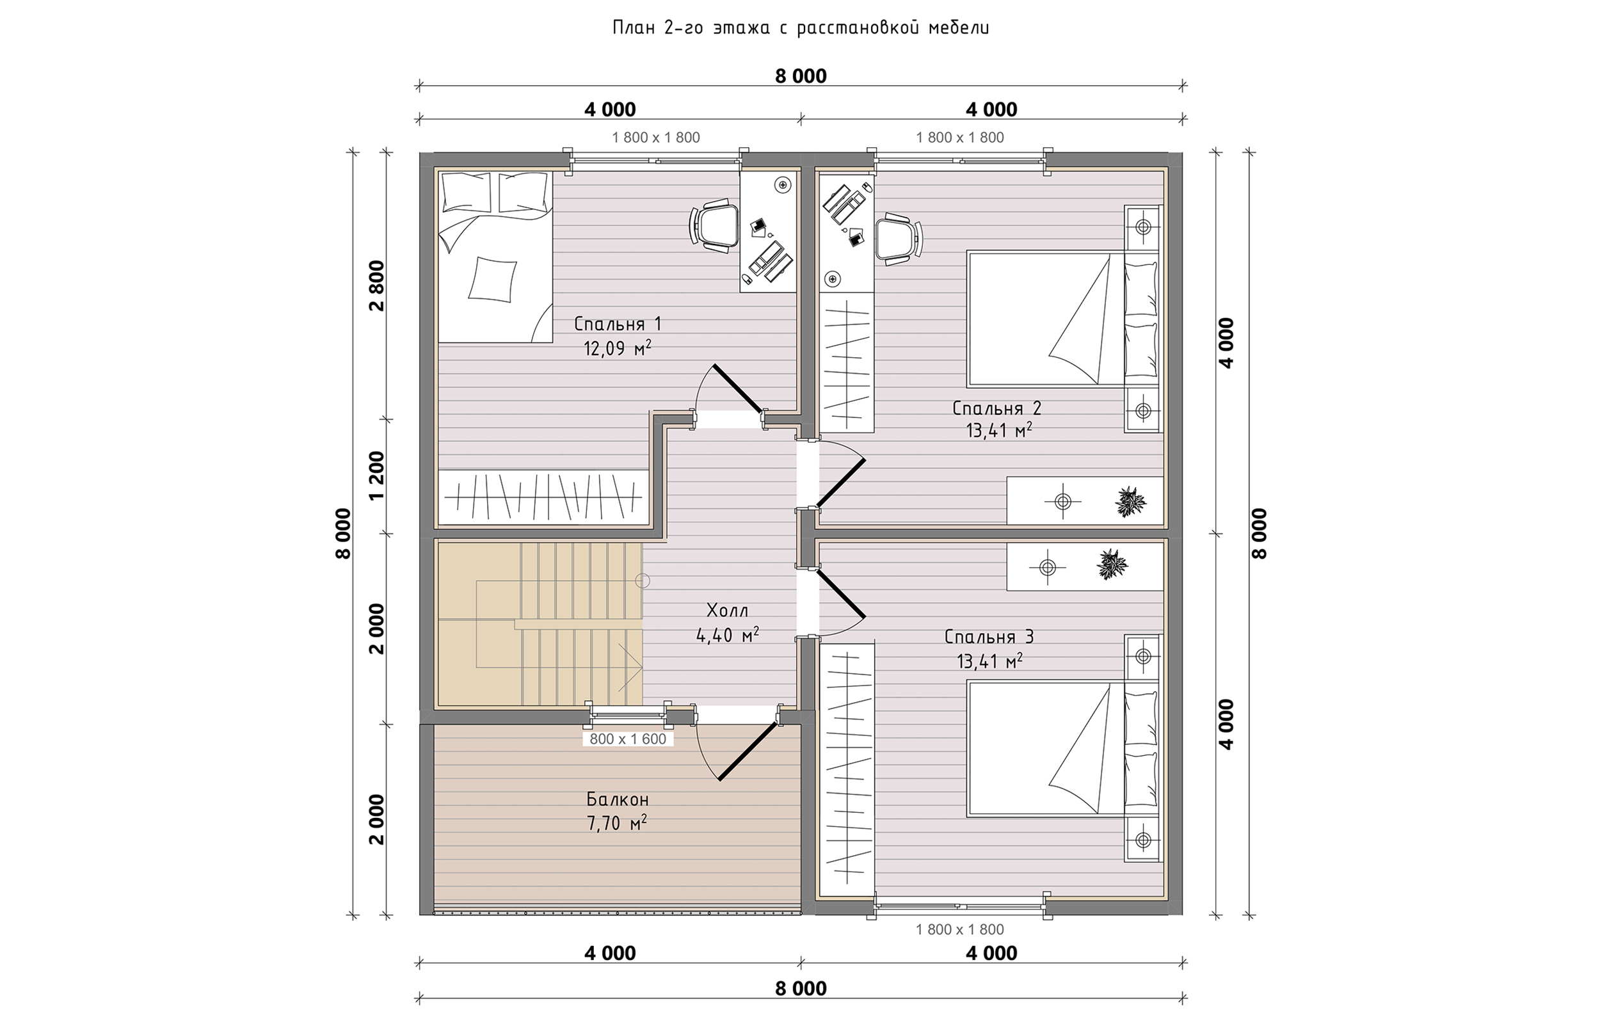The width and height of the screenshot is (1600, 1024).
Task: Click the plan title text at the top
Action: point(801,28)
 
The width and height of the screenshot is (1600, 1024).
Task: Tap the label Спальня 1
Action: point(618,324)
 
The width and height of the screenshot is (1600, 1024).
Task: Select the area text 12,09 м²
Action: point(617,348)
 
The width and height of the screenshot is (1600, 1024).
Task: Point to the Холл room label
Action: point(727,611)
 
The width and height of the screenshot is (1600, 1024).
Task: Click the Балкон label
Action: point(618,799)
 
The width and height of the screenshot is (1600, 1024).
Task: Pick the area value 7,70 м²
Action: point(617,823)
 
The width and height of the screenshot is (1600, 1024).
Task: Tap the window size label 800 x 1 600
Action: point(628,739)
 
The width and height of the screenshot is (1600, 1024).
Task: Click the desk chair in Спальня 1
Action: point(714,227)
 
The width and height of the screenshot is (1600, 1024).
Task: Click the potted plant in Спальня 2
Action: point(1130,501)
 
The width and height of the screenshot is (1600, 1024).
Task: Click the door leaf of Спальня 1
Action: point(737,388)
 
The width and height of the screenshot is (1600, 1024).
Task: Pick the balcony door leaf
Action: point(746,751)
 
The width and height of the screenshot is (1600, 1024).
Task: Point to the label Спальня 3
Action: point(989,637)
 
